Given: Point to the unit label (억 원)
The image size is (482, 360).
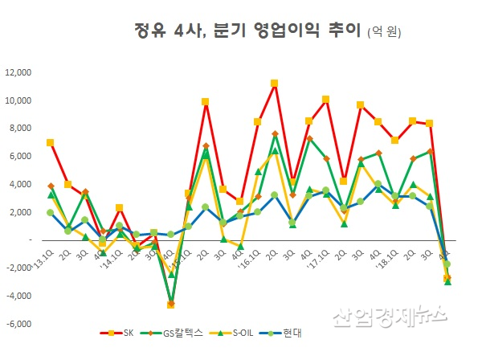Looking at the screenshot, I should [383, 33].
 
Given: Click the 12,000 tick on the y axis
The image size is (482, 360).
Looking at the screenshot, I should [18, 72].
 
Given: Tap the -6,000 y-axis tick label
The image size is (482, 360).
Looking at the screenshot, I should [18, 324].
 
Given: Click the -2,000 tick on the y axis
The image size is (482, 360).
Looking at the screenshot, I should [18, 268].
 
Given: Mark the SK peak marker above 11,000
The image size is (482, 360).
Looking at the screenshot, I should [275, 84].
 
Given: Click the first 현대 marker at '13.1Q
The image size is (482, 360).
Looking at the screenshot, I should [51, 212].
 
